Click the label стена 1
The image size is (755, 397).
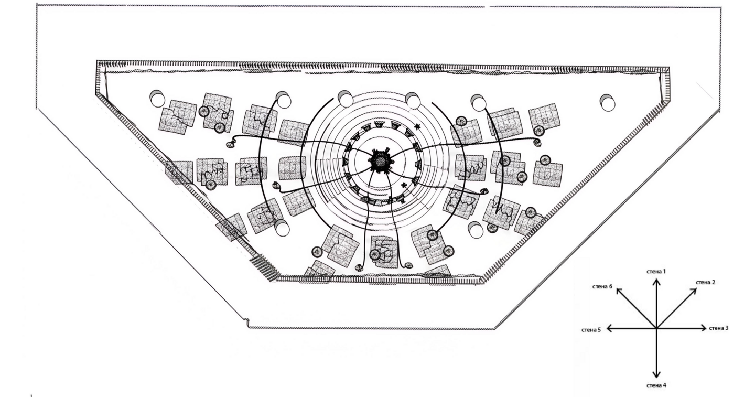coord(656,271)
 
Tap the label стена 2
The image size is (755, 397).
coord(706,283)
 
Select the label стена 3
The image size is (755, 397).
coord(719,328)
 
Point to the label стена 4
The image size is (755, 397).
coord(656,385)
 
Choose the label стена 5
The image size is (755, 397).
coord(591,330)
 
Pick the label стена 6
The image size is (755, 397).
coord(602,287)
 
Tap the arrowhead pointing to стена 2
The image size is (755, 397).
coord(694,292)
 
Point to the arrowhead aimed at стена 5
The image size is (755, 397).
coord(609,328)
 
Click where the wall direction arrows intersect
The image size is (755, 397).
coord(656,328)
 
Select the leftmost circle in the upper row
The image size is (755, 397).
coord(157,99)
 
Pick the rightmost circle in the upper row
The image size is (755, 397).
coord(607,102)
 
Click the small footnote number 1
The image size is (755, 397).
coord(31,395)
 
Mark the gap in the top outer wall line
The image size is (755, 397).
coord(487,6)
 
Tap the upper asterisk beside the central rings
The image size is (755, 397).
coord(418,127)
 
